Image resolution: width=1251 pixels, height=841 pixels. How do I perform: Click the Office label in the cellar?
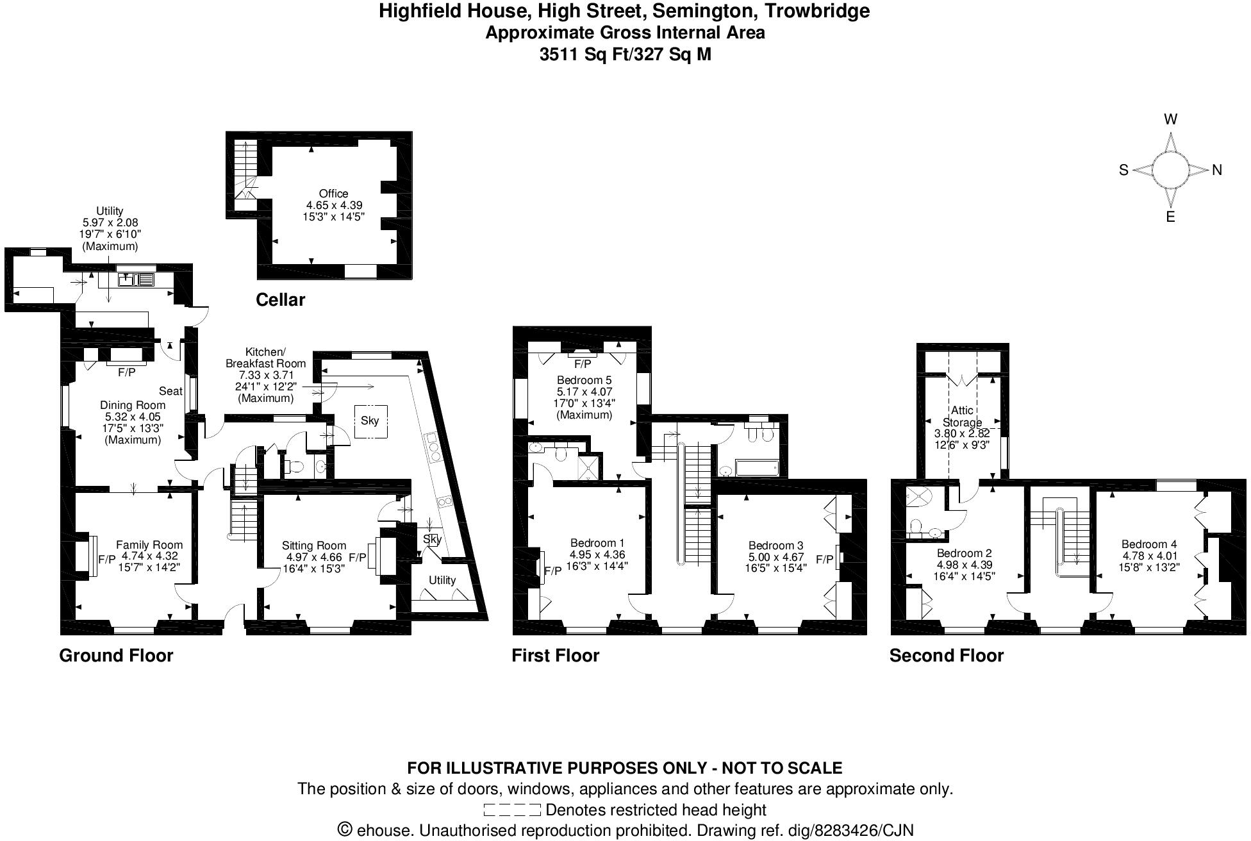pyautogui.click(x=333, y=193)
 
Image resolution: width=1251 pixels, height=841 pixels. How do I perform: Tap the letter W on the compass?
pyautogui.click(x=1170, y=119)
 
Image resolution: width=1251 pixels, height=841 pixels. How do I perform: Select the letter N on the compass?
pyautogui.click(x=1217, y=170)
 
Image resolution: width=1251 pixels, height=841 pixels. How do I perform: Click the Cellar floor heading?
pyautogui.click(x=280, y=299)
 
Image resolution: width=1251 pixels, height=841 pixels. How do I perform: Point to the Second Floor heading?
pyautogui.click(x=946, y=655)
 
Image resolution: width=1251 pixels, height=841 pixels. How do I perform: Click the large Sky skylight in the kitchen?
pyautogui.click(x=370, y=420)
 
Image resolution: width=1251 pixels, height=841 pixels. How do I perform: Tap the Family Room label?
pyautogui.click(x=149, y=545)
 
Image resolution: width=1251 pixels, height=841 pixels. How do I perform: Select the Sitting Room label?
pyautogui.click(x=313, y=545)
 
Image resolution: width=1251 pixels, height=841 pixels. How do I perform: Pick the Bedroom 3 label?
pyautogui.click(x=775, y=545)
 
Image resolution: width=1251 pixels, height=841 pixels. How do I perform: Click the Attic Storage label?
pyautogui.click(x=962, y=416)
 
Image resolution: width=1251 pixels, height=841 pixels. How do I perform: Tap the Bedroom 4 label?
pyautogui.click(x=1149, y=544)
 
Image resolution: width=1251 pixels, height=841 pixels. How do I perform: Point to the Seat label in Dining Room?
pyautogui.click(x=170, y=391)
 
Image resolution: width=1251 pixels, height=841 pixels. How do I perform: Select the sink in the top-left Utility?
pyautogui.click(x=135, y=279)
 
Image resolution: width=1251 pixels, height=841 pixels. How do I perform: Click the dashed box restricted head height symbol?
pyautogui.click(x=511, y=810)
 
